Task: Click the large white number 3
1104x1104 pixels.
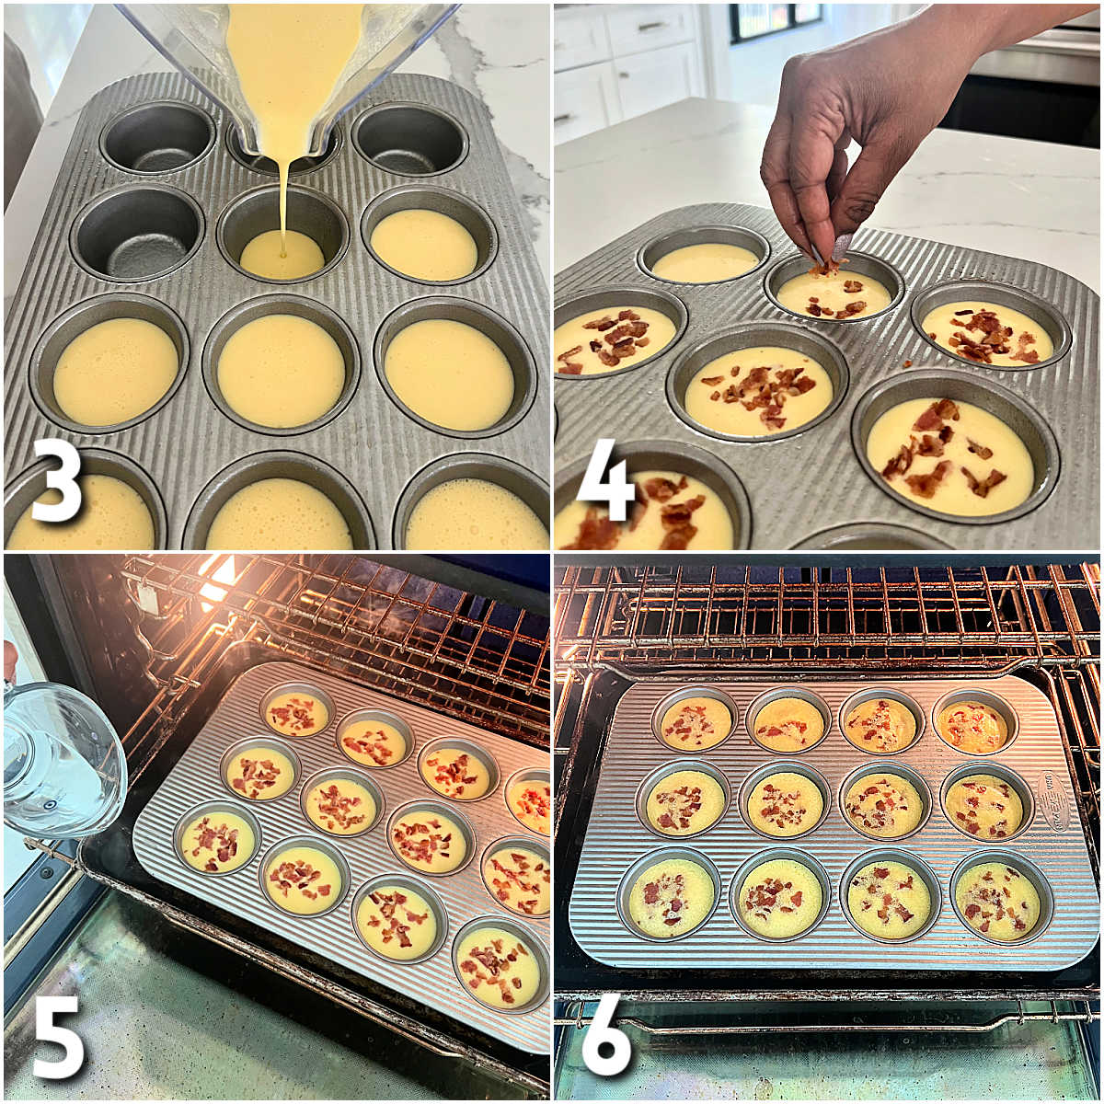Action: (57, 484)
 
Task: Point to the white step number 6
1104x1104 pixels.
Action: (607, 1040)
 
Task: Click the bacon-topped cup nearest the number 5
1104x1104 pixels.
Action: (217, 839)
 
